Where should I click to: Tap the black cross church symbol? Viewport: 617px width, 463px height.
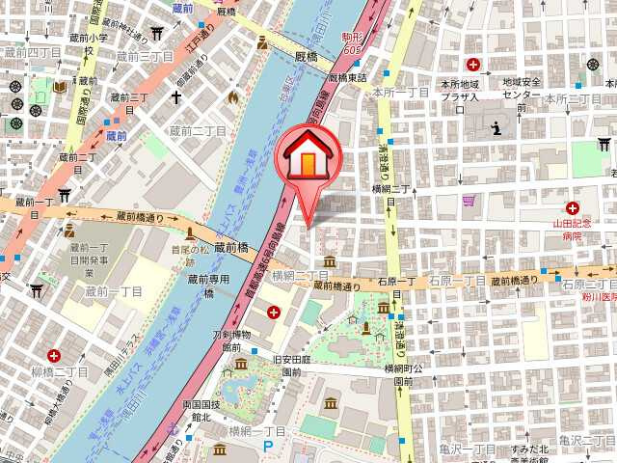point(176,97)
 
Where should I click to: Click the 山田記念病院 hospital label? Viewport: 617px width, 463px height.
point(572,229)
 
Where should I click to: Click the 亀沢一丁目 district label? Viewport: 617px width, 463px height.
point(464,449)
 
